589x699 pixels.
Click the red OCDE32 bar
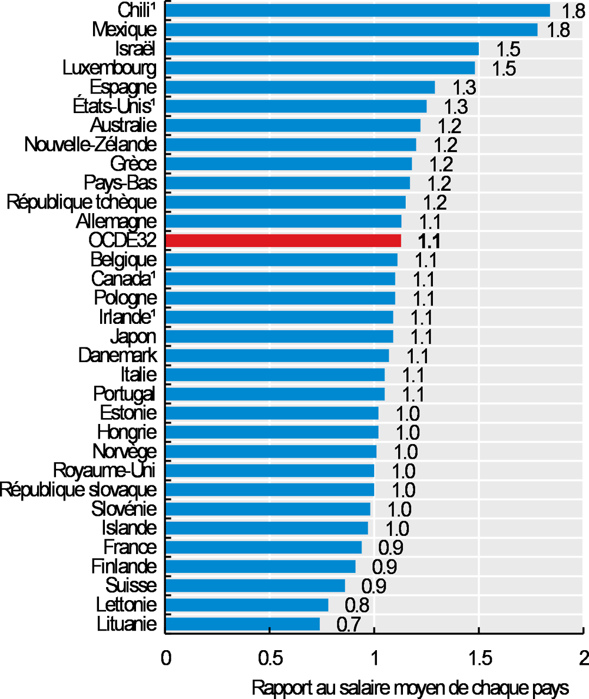(x=283, y=240)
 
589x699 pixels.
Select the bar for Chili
(x=358, y=11)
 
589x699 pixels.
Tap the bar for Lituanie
(x=242, y=624)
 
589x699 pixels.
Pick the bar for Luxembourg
(x=320, y=68)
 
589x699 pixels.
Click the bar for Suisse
(x=255, y=585)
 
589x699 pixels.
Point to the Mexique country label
(x=125, y=29)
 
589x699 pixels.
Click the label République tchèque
(x=82, y=202)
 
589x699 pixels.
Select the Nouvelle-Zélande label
(x=91, y=144)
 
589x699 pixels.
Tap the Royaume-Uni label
(x=105, y=471)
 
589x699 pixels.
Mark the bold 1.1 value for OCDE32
(x=429, y=241)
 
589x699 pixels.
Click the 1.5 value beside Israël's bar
(x=508, y=49)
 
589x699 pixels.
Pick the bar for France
(x=263, y=547)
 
